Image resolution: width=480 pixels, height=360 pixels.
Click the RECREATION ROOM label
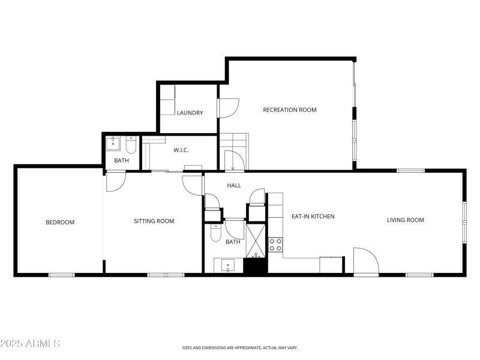tap(290, 110)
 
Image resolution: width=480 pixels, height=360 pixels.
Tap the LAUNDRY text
tap(190, 113)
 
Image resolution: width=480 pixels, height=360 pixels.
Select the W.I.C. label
tap(182, 150)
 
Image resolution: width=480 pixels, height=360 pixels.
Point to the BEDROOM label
tap(60, 222)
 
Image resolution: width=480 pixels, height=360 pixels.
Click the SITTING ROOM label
tap(154, 221)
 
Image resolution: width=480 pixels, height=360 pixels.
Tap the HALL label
tap(234, 185)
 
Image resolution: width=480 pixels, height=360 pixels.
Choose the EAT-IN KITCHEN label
tap(313, 217)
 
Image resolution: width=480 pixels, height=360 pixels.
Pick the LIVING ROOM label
tap(405, 220)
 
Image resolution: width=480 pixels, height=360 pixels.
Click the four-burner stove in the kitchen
tap(275, 244)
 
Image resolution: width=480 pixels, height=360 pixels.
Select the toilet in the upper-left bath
tap(131, 146)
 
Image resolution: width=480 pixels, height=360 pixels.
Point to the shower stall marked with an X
tap(256, 239)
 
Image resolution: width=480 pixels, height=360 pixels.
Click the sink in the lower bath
tap(228, 265)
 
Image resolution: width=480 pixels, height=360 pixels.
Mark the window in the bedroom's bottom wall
tap(61, 275)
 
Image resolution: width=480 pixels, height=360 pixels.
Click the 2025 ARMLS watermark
tap(30, 344)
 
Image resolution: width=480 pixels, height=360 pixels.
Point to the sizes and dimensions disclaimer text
tap(240, 347)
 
